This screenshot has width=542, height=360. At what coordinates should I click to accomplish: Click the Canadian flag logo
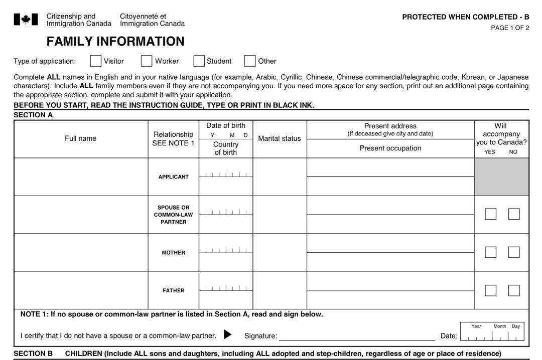click(x=26, y=20)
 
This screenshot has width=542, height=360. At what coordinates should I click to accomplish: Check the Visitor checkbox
click(x=95, y=61)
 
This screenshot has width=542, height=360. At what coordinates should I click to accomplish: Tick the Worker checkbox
click(x=147, y=61)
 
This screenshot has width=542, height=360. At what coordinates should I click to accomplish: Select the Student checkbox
click(x=199, y=61)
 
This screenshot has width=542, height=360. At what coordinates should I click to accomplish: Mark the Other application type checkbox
click(x=250, y=61)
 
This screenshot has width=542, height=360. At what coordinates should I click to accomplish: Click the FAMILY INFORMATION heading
click(x=115, y=41)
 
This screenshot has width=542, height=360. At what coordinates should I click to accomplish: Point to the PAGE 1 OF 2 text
click(x=510, y=28)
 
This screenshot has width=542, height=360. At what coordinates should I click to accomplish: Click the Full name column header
click(x=80, y=138)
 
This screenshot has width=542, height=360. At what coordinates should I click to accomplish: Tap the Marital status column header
click(x=280, y=138)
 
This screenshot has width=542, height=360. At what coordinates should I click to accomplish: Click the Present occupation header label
click(x=390, y=148)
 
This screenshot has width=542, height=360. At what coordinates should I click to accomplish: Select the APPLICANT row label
click(x=174, y=177)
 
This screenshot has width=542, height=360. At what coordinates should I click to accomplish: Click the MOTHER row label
click(x=174, y=253)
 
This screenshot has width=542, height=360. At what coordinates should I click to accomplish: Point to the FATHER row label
click(x=174, y=291)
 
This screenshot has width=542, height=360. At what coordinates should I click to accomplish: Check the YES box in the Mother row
click(x=490, y=252)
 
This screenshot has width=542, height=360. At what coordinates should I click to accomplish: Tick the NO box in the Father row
click(x=514, y=290)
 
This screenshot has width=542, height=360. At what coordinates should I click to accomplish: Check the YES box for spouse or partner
click(x=490, y=214)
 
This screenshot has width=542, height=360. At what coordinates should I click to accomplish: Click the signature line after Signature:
click(x=356, y=336)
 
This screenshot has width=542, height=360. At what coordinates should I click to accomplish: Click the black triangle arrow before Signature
click(x=227, y=334)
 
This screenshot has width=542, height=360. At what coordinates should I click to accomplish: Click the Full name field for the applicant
click(x=81, y=177)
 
